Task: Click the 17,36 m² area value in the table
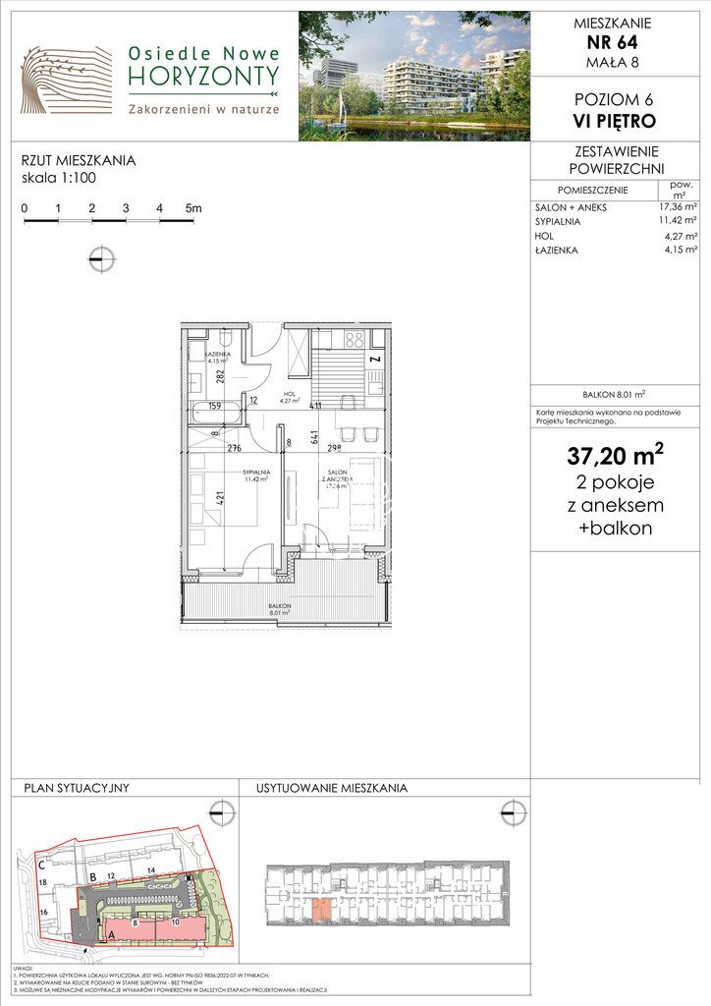coord(678,207)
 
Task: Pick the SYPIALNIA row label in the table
coord(558,222)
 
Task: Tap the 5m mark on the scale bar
coord(192,208)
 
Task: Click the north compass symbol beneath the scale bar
coord(101,259)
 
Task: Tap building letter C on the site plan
coord(42,866)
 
